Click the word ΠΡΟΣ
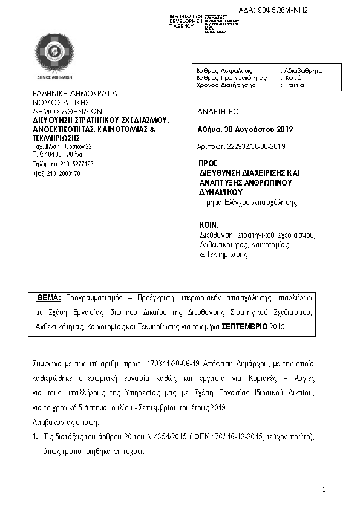(208, 164)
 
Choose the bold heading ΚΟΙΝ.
(208, 223)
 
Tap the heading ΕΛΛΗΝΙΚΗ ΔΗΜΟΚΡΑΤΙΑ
(75, 94)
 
